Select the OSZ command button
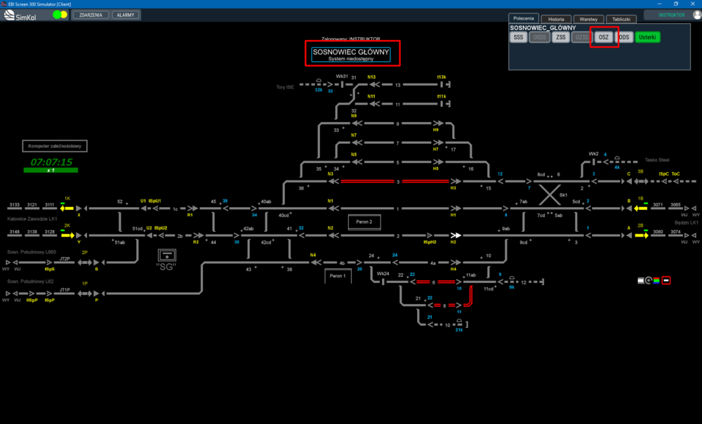(x=603, y=37)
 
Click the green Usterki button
(x=648, y=37)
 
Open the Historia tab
(x=556, y=19)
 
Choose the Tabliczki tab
(x=621, y=19)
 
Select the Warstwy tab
(x=588, y=19)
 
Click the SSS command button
(x=519, y=37)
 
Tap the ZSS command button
(x=561, y=37)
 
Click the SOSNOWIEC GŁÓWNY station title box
(x=352, y=54)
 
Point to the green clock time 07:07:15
(x=51, y=162)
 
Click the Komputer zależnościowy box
(x=55, y=146)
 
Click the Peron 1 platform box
(x=338, y=276)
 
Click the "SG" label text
(x=166, y=266)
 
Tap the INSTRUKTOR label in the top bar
(x=670, y=15)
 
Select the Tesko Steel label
(x=658, y=159)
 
